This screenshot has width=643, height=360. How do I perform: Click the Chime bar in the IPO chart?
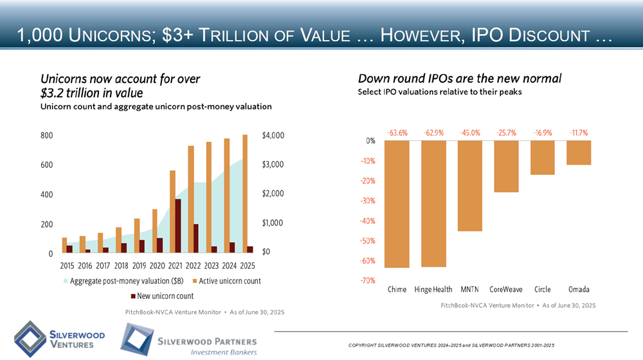tap(397, 204)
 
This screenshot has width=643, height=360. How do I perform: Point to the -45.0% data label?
tap(469, 133)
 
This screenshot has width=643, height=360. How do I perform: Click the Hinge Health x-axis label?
tap(433, 289)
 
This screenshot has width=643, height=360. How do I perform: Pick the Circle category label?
tap(541, 289)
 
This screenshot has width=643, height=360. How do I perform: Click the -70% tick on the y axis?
tap(368, 281)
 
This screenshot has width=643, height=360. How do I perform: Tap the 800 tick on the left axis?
tap(46, 136)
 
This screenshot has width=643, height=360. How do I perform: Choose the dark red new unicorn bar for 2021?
tap(177, 226)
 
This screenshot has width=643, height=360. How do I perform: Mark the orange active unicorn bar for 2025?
tap(245, 194)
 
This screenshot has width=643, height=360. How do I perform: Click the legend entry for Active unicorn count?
tap(226, 281)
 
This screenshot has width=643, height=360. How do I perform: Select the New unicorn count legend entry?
tap(162, 296)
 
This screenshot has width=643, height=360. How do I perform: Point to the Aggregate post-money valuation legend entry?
tap(123, 281)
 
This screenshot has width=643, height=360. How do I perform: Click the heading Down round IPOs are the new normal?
tap(460, 78)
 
